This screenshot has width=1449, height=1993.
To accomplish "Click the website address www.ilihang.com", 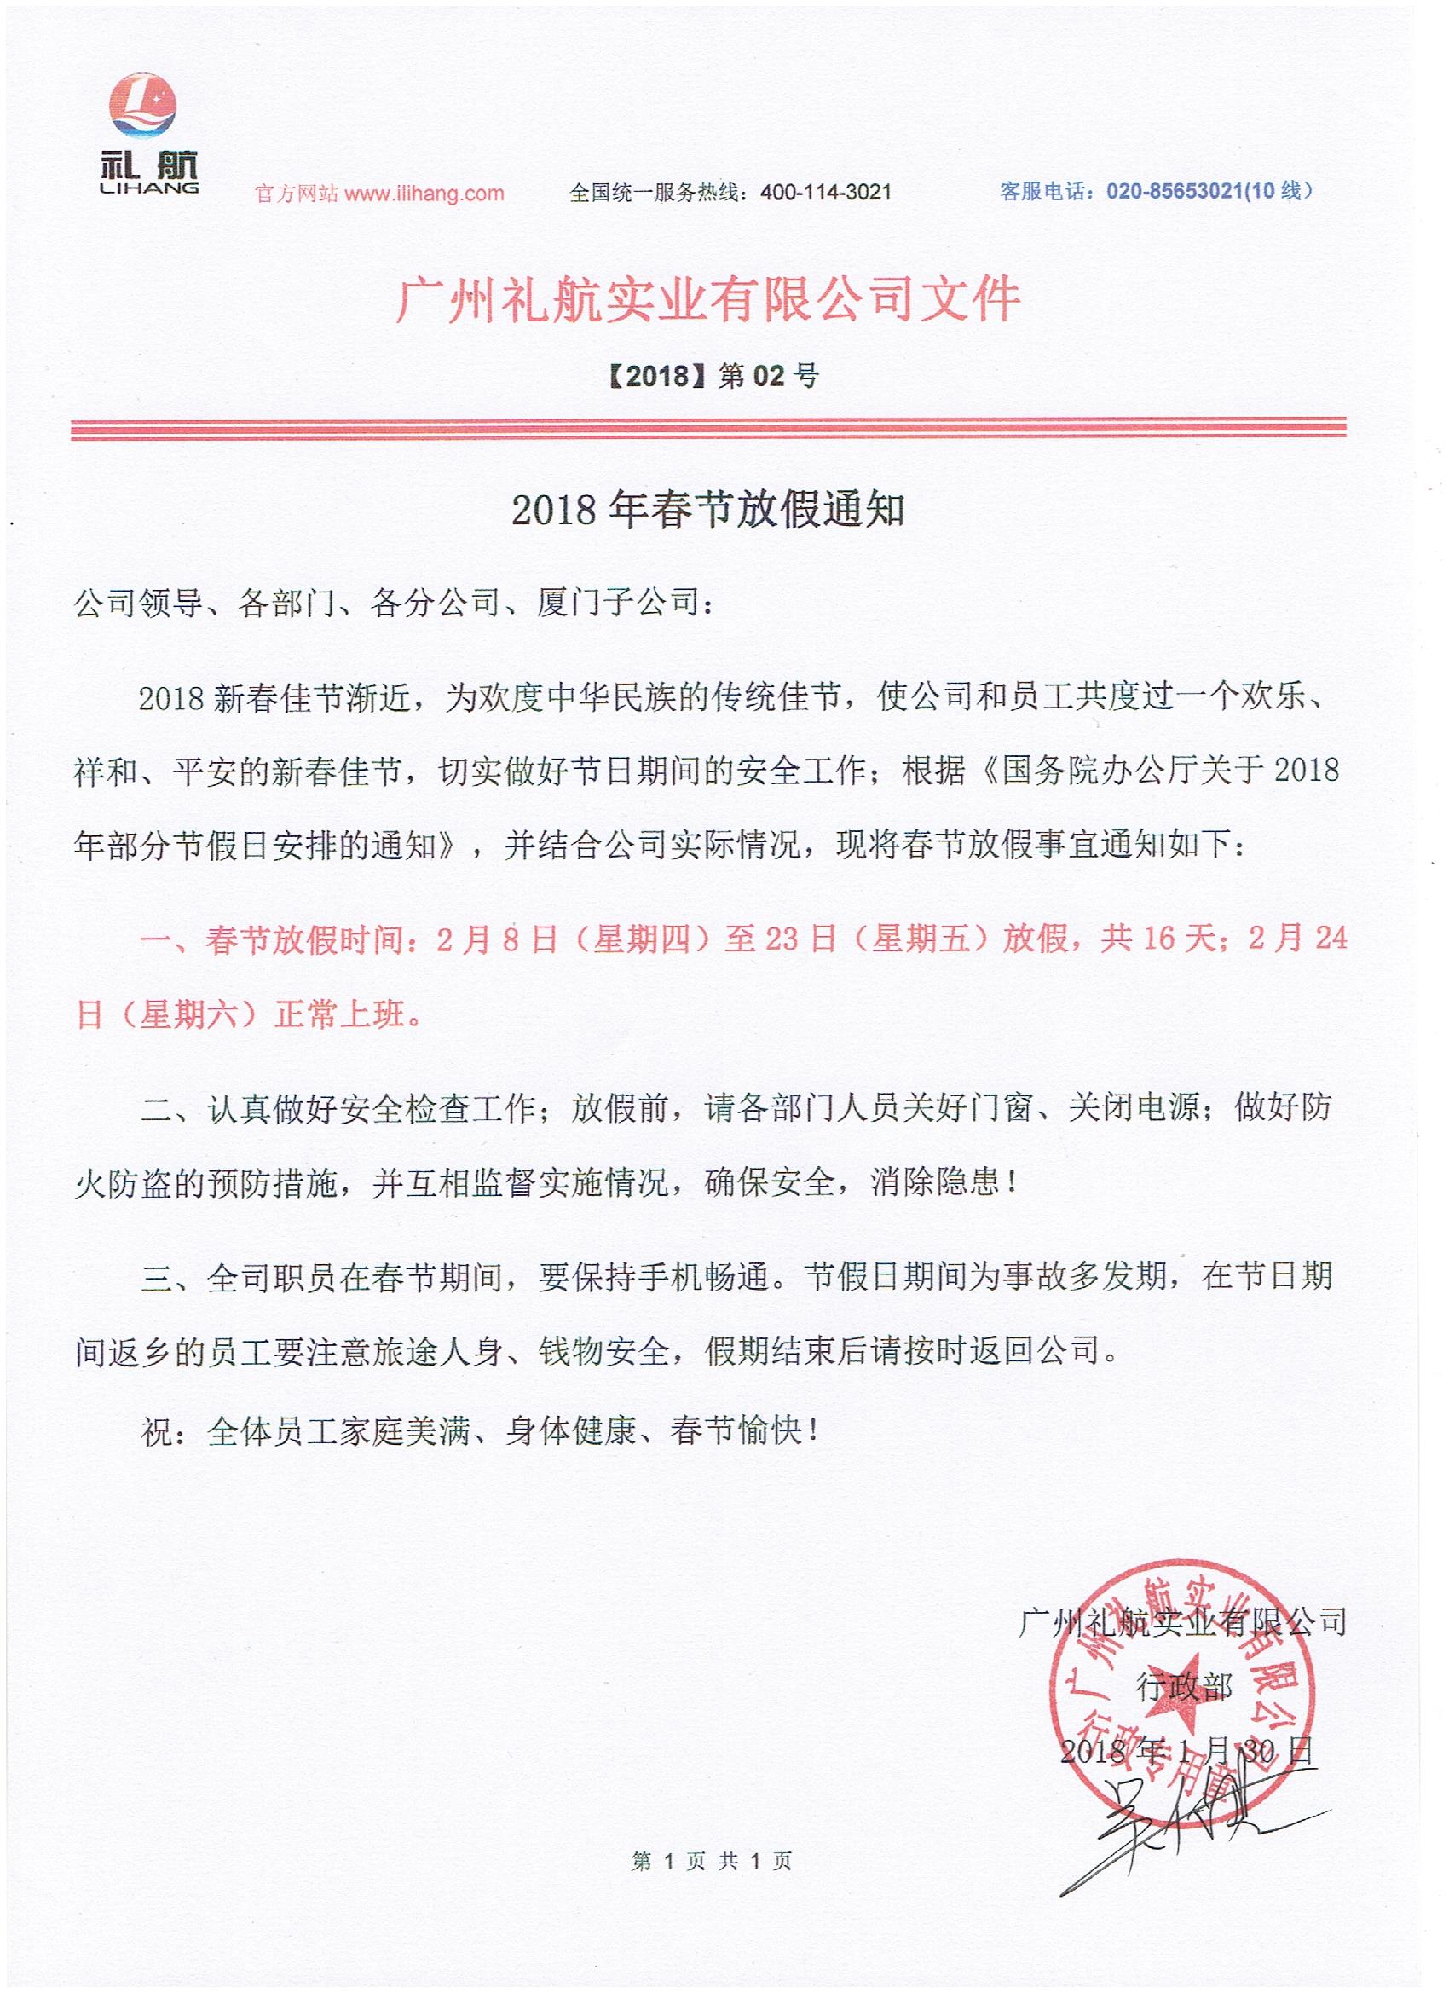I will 424,194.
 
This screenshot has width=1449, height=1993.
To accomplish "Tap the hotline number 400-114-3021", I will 825,193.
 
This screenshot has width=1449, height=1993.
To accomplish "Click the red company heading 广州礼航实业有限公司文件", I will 708,298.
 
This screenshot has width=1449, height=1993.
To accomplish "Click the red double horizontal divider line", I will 708,429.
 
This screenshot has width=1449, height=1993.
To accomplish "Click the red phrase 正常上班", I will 341,1015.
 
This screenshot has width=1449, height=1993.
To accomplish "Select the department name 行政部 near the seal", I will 1185,1688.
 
